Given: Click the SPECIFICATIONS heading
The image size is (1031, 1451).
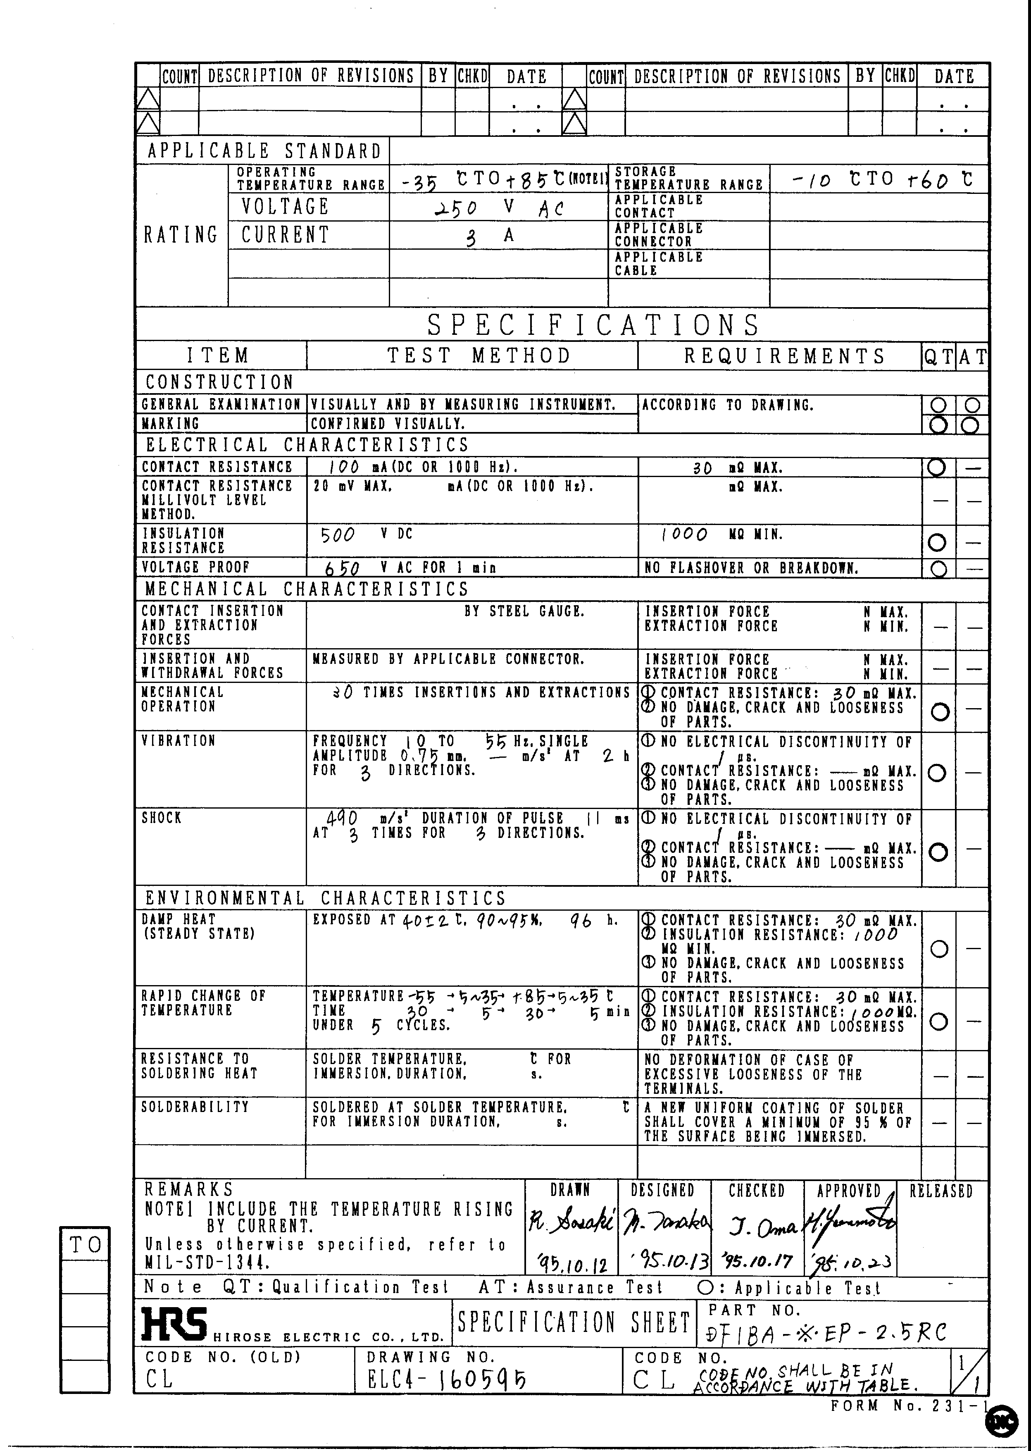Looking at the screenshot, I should tap(593, 325).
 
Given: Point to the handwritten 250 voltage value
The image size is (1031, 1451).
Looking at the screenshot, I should tap(455, 208).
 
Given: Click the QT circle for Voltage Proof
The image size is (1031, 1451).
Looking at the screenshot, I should tap(938, 568).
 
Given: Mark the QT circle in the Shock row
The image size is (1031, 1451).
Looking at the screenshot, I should tap(938, 852).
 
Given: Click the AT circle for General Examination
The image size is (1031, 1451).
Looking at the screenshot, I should tap(972, 404).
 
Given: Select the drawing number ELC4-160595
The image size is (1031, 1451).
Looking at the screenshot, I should tap(446, 1379).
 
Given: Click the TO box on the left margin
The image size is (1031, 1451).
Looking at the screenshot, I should tap(85, 1245).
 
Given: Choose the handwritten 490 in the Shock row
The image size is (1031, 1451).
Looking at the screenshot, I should tap(342, 818).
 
